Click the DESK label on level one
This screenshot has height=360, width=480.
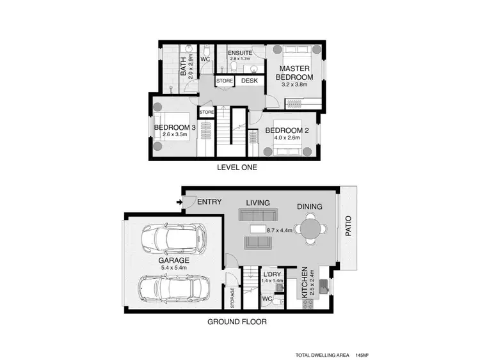click(x=249, y=81)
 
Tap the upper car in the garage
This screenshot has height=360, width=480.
click(x=173, y=239)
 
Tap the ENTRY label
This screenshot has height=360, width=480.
click(x=209, y=202)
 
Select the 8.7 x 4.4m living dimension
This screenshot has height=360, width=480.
click(x=280, y=230)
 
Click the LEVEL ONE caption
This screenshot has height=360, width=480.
click(x=237, y=168)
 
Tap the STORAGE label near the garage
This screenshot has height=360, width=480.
click(x=232, y=296)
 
